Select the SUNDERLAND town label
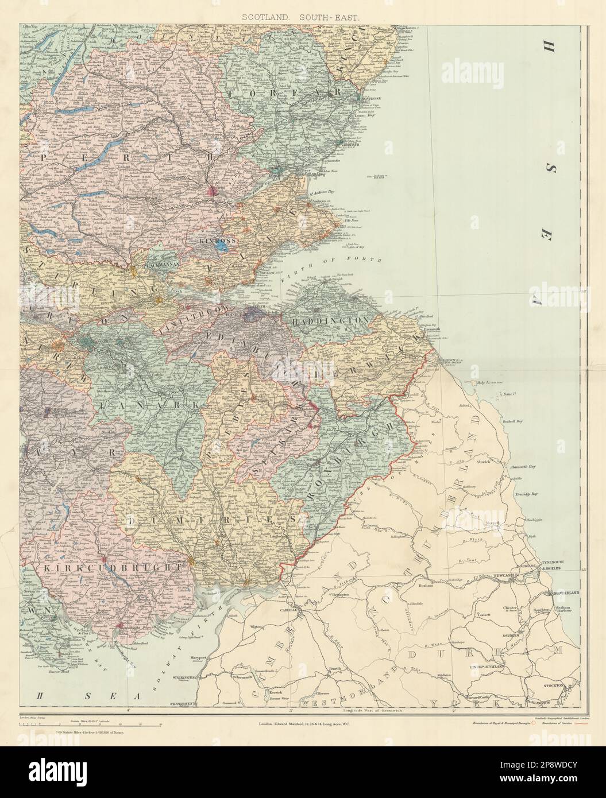565,592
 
